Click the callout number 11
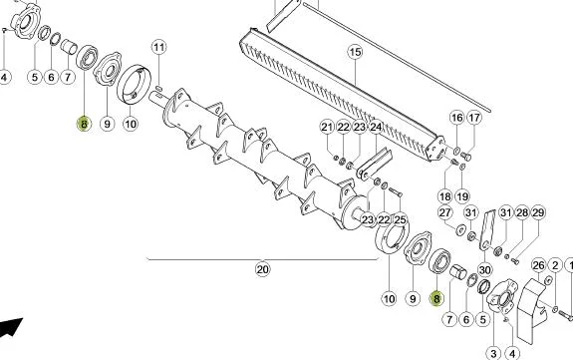tap(158, 47)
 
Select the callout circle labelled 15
tap(355, 52)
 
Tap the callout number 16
tap(457, 118)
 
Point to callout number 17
tap(474, 118)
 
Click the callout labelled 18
tap(444, 196)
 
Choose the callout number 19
tap(462, 196)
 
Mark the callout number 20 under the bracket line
tap(262, 269)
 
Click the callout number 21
tap(327, 127)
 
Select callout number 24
tap(376, 127)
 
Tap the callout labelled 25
tap(401, 219)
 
